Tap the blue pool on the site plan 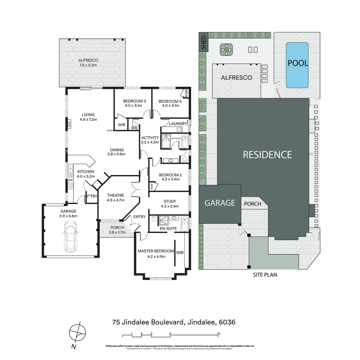point(297,65)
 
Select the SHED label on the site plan point(203,42)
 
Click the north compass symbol point(77,332)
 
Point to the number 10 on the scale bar point(218,333)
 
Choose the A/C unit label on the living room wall point(69,124)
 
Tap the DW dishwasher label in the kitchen point(70,180)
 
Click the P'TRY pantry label point(92,196)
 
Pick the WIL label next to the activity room point(135,128)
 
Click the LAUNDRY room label point(178,124)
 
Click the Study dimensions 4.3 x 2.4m point(170,206)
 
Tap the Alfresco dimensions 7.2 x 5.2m point(88,65)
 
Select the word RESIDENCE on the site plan point(267,155)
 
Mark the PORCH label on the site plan point(253,204)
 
